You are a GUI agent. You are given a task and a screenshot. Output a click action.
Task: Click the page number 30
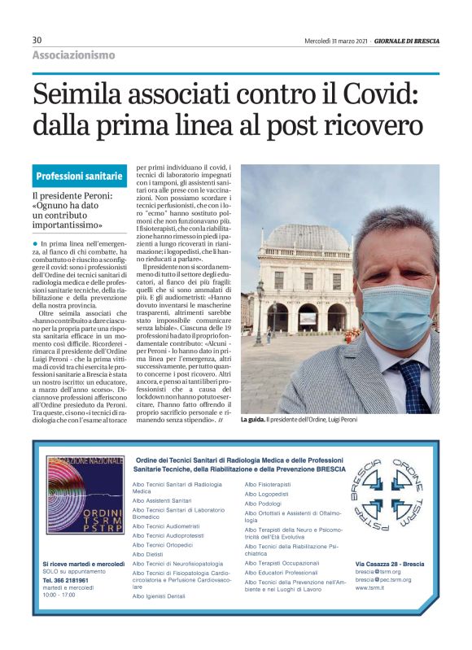pyautogui.click(x=37, y=40)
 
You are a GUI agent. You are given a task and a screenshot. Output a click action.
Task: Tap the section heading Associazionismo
pyautogui.click(x=73, y=55)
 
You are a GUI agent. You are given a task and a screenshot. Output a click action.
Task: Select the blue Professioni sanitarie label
pyautogui.click(x=79, y=176)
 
